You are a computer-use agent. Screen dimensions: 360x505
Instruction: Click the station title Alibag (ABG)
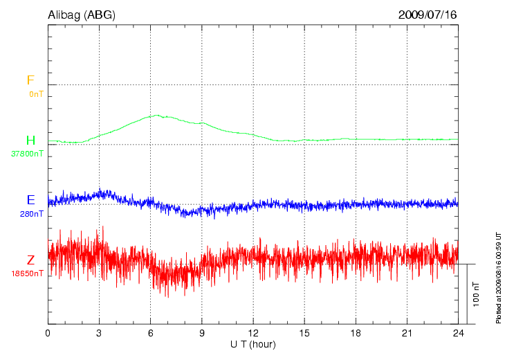[x=82, y=15]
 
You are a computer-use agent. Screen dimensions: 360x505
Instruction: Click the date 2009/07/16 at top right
[x=428, y=15]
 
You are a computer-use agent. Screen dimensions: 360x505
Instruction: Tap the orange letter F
[x=30, y=80]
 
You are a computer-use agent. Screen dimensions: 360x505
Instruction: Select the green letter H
[x=30, y=141]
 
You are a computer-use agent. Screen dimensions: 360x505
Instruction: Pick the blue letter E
[x=30, y=200]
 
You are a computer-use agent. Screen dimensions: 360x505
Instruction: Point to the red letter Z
[x=30, y=260]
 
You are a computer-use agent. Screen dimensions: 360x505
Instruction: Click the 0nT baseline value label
[x=35, y=93]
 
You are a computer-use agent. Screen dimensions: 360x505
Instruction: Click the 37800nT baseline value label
[x=27, y=154]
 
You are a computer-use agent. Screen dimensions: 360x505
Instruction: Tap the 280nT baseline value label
[x=32, y=214]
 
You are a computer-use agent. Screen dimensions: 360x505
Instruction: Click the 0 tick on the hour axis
[x=48, y=333]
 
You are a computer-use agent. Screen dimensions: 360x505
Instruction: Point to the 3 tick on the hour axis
[x=100, y=333]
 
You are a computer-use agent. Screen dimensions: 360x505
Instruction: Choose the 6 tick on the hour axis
[x=151, y=333]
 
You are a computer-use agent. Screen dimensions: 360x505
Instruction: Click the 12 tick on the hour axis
[x=253, y=333]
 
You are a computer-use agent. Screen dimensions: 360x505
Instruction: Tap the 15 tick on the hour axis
[x=304, y=333]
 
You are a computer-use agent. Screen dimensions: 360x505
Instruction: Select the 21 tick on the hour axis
[x=407, y=333]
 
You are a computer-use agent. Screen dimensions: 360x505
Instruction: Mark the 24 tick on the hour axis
[x=458, y=333]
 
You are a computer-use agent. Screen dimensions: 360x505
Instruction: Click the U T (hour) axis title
[x=253, y=344]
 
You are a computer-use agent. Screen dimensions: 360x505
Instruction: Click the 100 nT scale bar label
[x=476, y=294]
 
